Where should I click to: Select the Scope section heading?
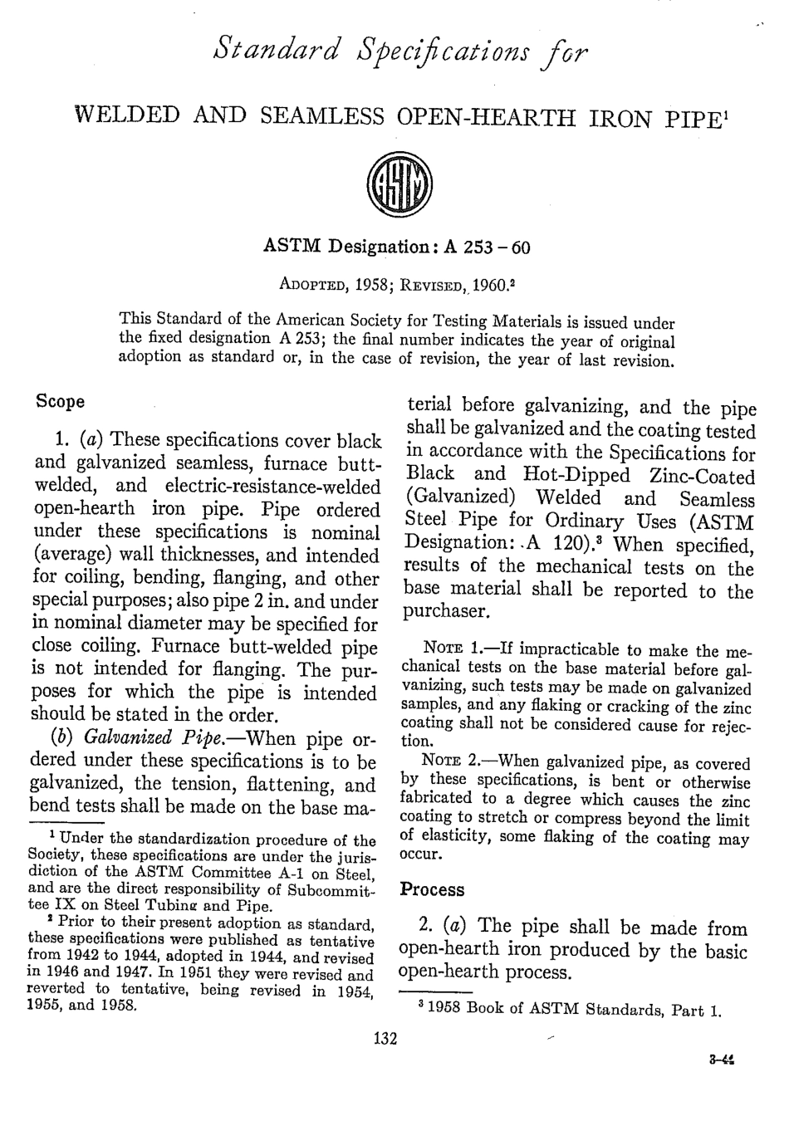coord(61,402)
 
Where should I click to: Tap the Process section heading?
coord(432,889)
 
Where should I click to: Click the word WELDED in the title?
coord(127,115)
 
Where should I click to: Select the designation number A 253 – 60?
coord(488,247)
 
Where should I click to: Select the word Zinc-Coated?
coord(703,477)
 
